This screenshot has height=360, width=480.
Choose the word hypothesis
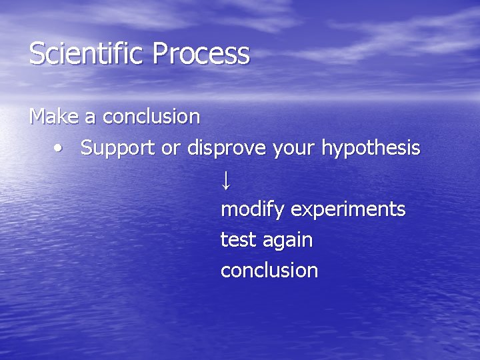[371, 148]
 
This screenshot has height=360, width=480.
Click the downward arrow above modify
[226, 179]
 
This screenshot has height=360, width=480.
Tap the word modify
[253, 209]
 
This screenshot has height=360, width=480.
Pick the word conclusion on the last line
[269, 270]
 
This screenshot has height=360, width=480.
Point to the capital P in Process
[160, 54]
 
